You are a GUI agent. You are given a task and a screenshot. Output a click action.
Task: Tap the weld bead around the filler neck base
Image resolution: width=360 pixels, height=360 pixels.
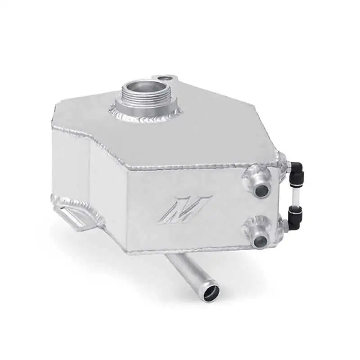click(135, 117)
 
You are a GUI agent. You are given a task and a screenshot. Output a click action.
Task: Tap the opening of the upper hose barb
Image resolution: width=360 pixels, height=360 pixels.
click(260, 190)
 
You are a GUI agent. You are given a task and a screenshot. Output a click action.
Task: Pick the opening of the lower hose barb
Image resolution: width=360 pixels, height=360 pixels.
click(260, 242)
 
